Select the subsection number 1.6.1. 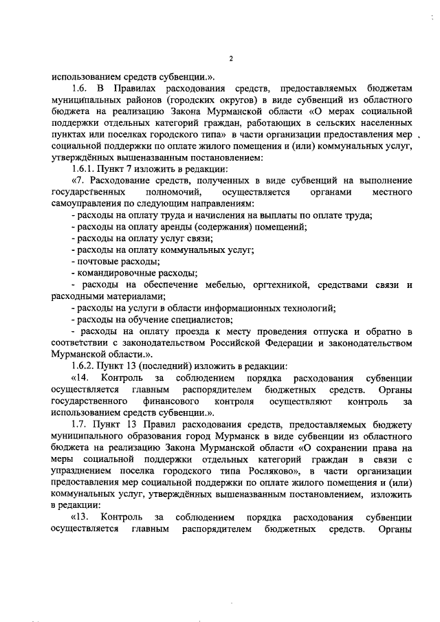pos(85,168)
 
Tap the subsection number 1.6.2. pos(85,366)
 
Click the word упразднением pos(84,470)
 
